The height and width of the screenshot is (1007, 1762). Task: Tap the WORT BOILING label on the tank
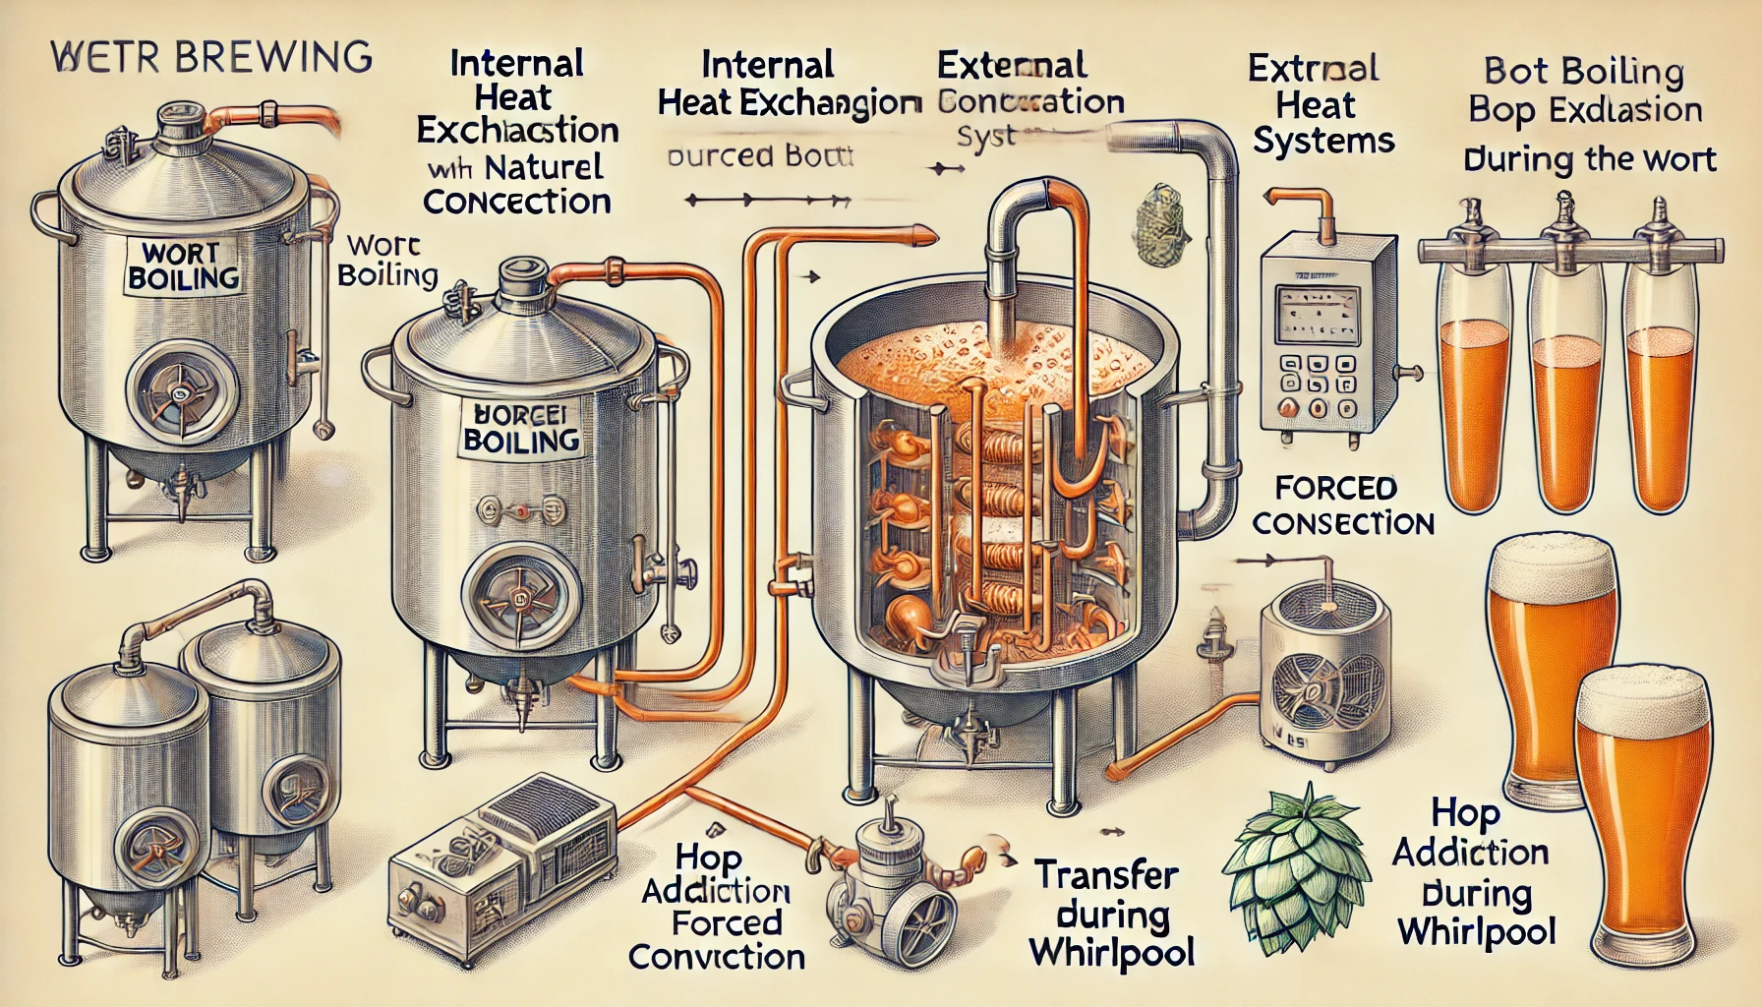pyautogui.click(x=184, y=265)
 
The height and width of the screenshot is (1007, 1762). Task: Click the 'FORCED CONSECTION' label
pyautogui.click(x=1342, y=505)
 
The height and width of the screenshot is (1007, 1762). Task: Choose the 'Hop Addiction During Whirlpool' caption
pyautogui.click(x=1472, y=872)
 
